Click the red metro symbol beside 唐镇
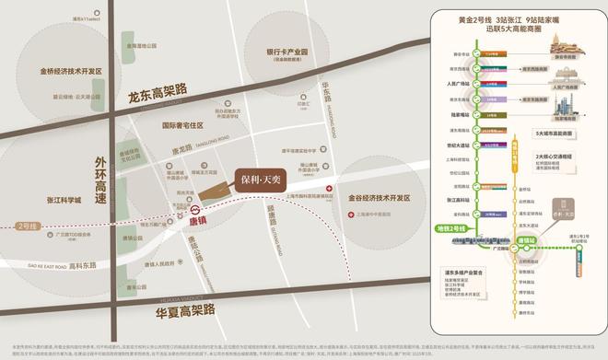(x=170, y=221)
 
